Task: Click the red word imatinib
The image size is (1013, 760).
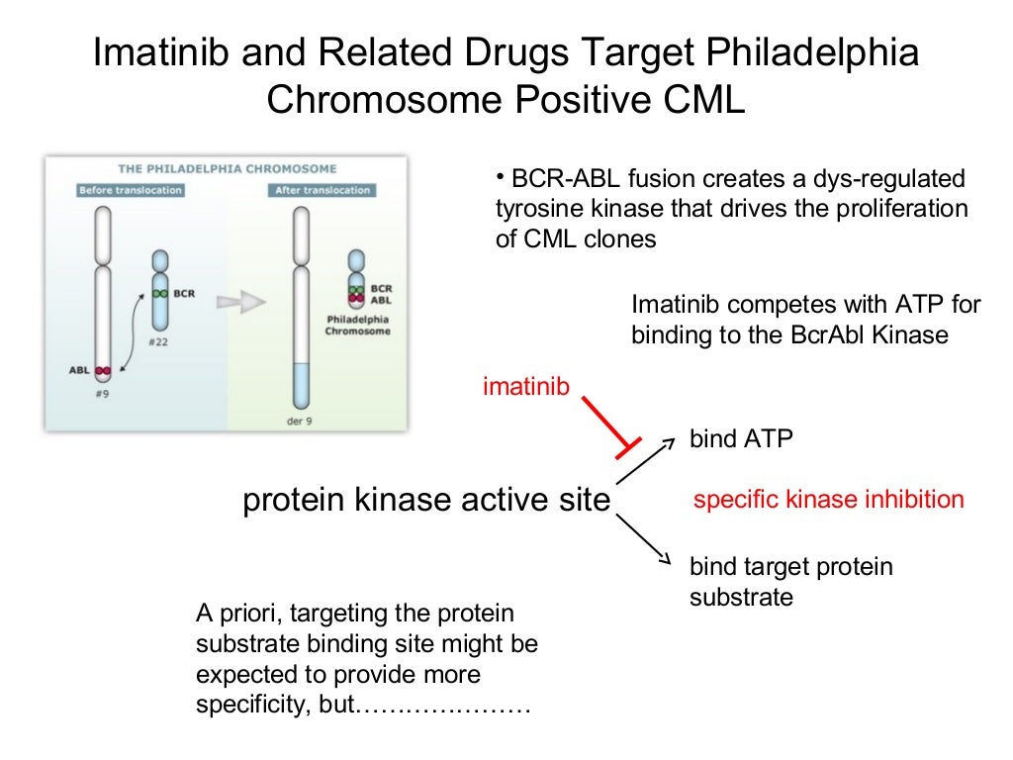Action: point(525,386)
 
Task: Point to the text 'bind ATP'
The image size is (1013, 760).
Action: point(741,438)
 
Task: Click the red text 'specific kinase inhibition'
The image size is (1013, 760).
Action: point(828,500)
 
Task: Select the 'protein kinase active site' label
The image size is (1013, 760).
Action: point(426,501)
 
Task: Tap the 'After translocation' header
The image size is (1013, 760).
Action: point(322,190)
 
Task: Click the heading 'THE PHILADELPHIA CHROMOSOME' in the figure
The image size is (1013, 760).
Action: point(228,169)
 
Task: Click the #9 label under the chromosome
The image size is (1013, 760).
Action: point(103,392)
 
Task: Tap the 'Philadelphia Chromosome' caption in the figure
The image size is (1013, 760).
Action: point(357,326)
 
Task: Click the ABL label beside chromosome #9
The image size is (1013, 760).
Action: point(79,371)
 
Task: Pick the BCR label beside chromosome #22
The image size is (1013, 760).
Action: point(183,293)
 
